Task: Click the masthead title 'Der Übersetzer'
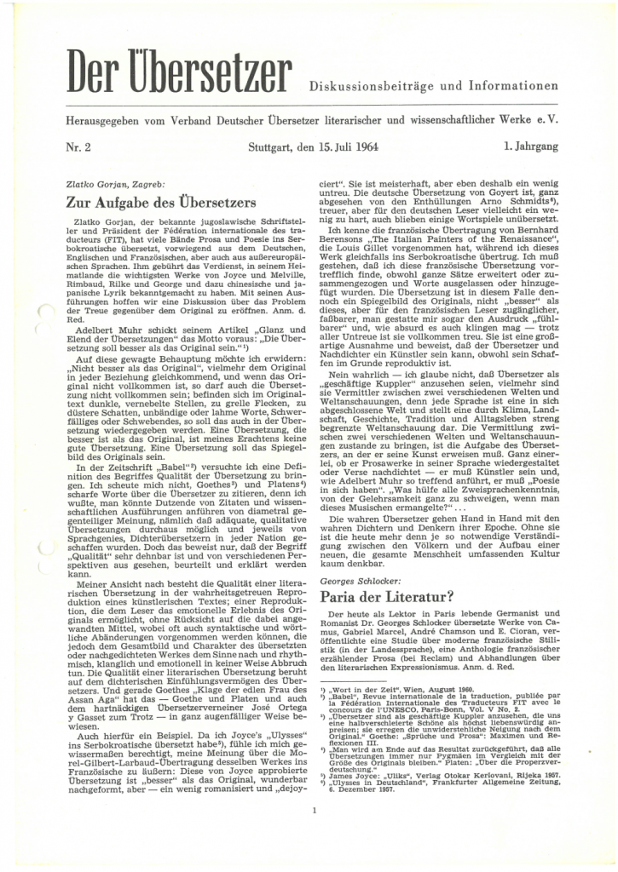180,74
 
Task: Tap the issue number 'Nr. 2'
79,146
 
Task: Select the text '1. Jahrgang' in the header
530,146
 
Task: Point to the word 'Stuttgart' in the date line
270,146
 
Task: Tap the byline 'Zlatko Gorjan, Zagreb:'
115,183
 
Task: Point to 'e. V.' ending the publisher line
550,119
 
